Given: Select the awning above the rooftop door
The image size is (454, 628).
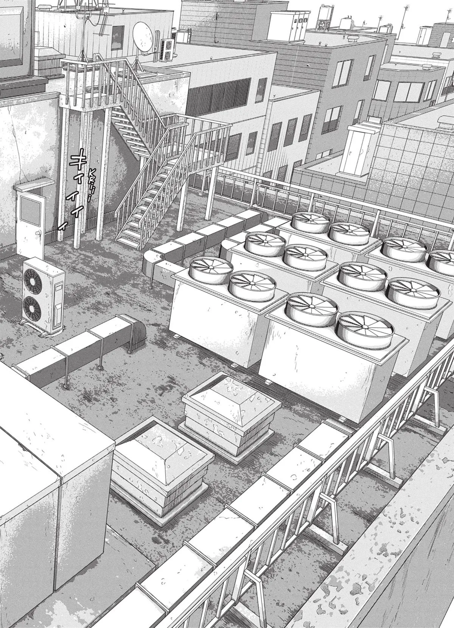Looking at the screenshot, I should [34, 186].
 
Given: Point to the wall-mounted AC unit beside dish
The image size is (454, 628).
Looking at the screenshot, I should [167, 50].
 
